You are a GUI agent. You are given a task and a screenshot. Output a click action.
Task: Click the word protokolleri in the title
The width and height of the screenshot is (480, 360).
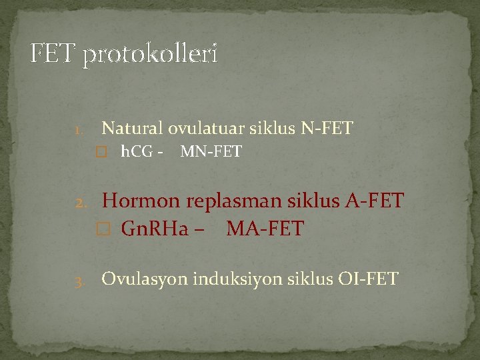[150, 55]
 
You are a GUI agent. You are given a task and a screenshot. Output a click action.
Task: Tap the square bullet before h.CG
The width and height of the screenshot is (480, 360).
[101, 153]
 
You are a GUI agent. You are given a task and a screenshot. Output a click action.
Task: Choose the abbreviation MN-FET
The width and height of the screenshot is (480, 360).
[211, 153]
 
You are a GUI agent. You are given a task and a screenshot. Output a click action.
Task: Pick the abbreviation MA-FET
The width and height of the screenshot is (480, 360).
[265, 229]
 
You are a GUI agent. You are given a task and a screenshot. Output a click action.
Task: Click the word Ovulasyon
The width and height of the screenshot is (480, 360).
[145, 279]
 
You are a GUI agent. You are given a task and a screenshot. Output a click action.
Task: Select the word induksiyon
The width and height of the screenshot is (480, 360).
[235, 279]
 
